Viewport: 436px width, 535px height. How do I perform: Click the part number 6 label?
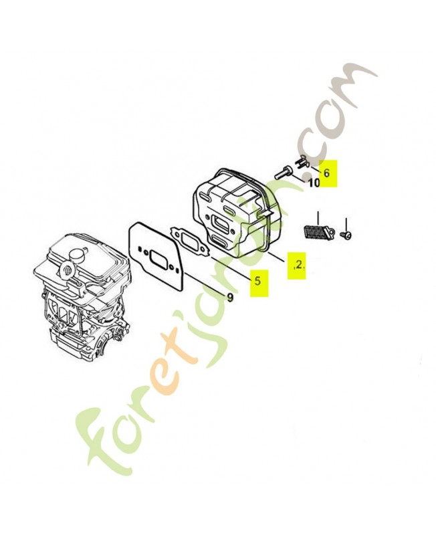pos(327,173)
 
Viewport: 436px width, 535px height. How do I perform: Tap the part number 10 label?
pos(314,183)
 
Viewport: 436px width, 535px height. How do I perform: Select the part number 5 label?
pos(257,281)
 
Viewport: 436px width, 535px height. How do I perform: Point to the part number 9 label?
pos(230,298)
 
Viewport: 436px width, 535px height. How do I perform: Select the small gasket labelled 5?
pos(190,241)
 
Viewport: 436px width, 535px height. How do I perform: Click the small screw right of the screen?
pos(346,235)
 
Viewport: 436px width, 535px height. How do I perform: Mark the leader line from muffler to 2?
pos(276,256)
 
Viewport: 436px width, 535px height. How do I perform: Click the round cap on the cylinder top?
pos(78,255)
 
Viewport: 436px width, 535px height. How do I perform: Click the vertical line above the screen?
pos(318,218)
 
